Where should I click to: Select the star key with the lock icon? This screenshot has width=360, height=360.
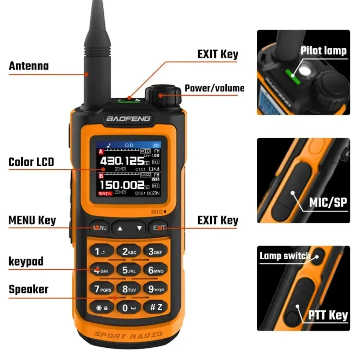point(101,308)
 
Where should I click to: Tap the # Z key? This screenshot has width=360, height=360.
point(156,307)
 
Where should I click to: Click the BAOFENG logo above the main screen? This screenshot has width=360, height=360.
point(128,118)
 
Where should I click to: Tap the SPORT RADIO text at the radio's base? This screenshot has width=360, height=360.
point(128,335)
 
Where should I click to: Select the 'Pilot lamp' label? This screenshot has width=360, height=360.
point(323,51)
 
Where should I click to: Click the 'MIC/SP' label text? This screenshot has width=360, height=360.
point(328,203)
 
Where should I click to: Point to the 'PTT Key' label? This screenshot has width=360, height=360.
point(328,316)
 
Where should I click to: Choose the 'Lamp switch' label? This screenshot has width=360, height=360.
point(285,256)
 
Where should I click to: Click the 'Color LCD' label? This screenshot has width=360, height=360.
point(31,162)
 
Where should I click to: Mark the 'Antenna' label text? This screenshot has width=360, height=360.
point(28,66)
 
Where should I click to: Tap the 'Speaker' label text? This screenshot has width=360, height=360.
point(28,289)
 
